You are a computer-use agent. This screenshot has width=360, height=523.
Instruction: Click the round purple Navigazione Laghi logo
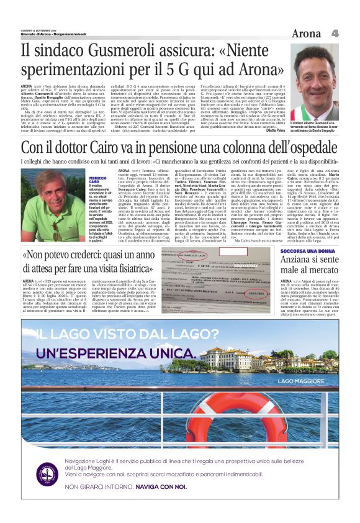(x=47, y=475)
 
